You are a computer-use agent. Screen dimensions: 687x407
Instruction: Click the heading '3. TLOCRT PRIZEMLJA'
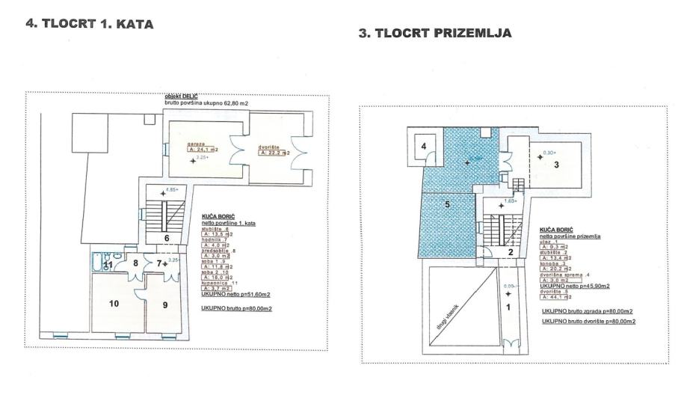437,34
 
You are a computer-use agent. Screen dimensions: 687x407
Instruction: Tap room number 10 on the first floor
112,303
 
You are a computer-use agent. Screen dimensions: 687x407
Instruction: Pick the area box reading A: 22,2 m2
274,153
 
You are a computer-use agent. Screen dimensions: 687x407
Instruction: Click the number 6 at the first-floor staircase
167,239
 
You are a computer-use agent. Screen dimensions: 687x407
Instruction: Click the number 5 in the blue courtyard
446,203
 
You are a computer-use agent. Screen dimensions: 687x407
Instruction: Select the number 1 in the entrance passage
510,307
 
